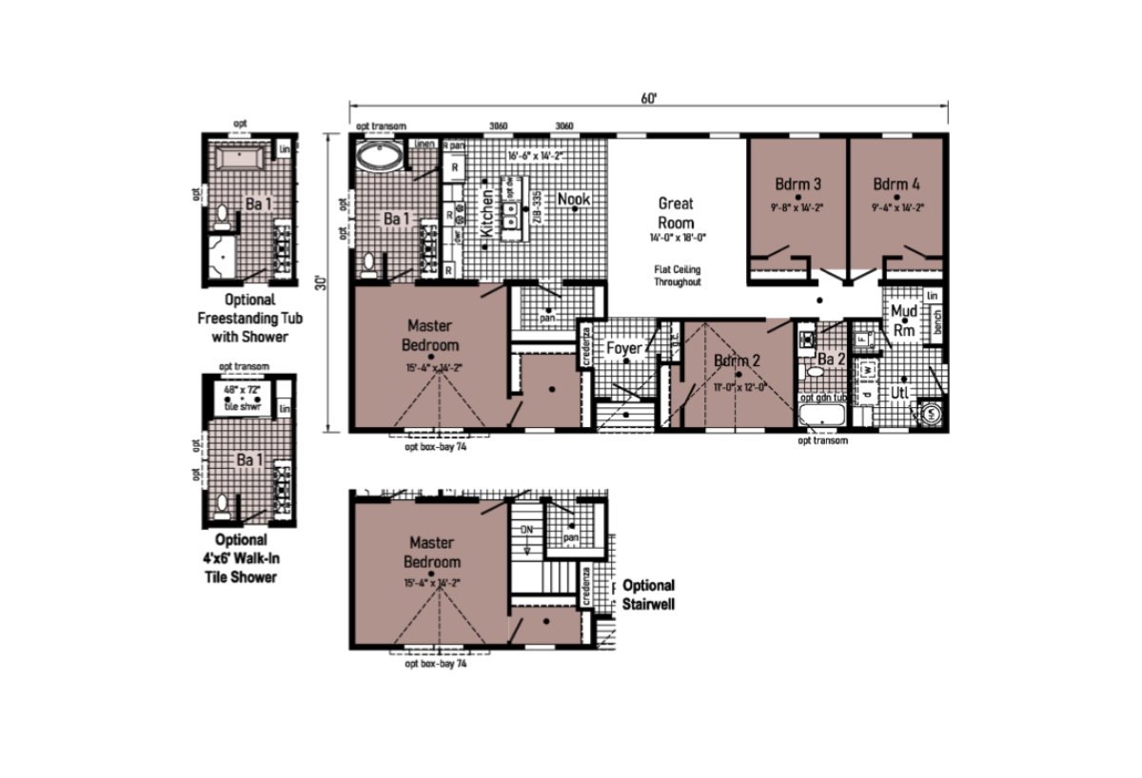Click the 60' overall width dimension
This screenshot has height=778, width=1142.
tap(649, 97)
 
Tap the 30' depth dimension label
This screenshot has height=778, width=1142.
tap(323, 283)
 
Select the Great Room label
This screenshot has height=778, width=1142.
tap(676, 211)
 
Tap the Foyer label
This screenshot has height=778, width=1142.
tap(623, 348)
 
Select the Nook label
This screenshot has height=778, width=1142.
tap(574, 199)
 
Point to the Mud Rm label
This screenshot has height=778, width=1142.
tap(903, 321)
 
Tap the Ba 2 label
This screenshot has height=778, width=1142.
tap(832, 360)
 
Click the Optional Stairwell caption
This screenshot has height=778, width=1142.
tap(648, 593)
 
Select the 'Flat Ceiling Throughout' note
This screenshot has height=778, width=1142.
tap(677, 275)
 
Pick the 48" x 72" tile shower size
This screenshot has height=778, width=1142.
tap(242, 390)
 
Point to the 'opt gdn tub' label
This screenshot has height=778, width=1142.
tap(822, 399)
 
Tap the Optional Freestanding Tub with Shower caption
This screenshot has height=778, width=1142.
tap(242, 318)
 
